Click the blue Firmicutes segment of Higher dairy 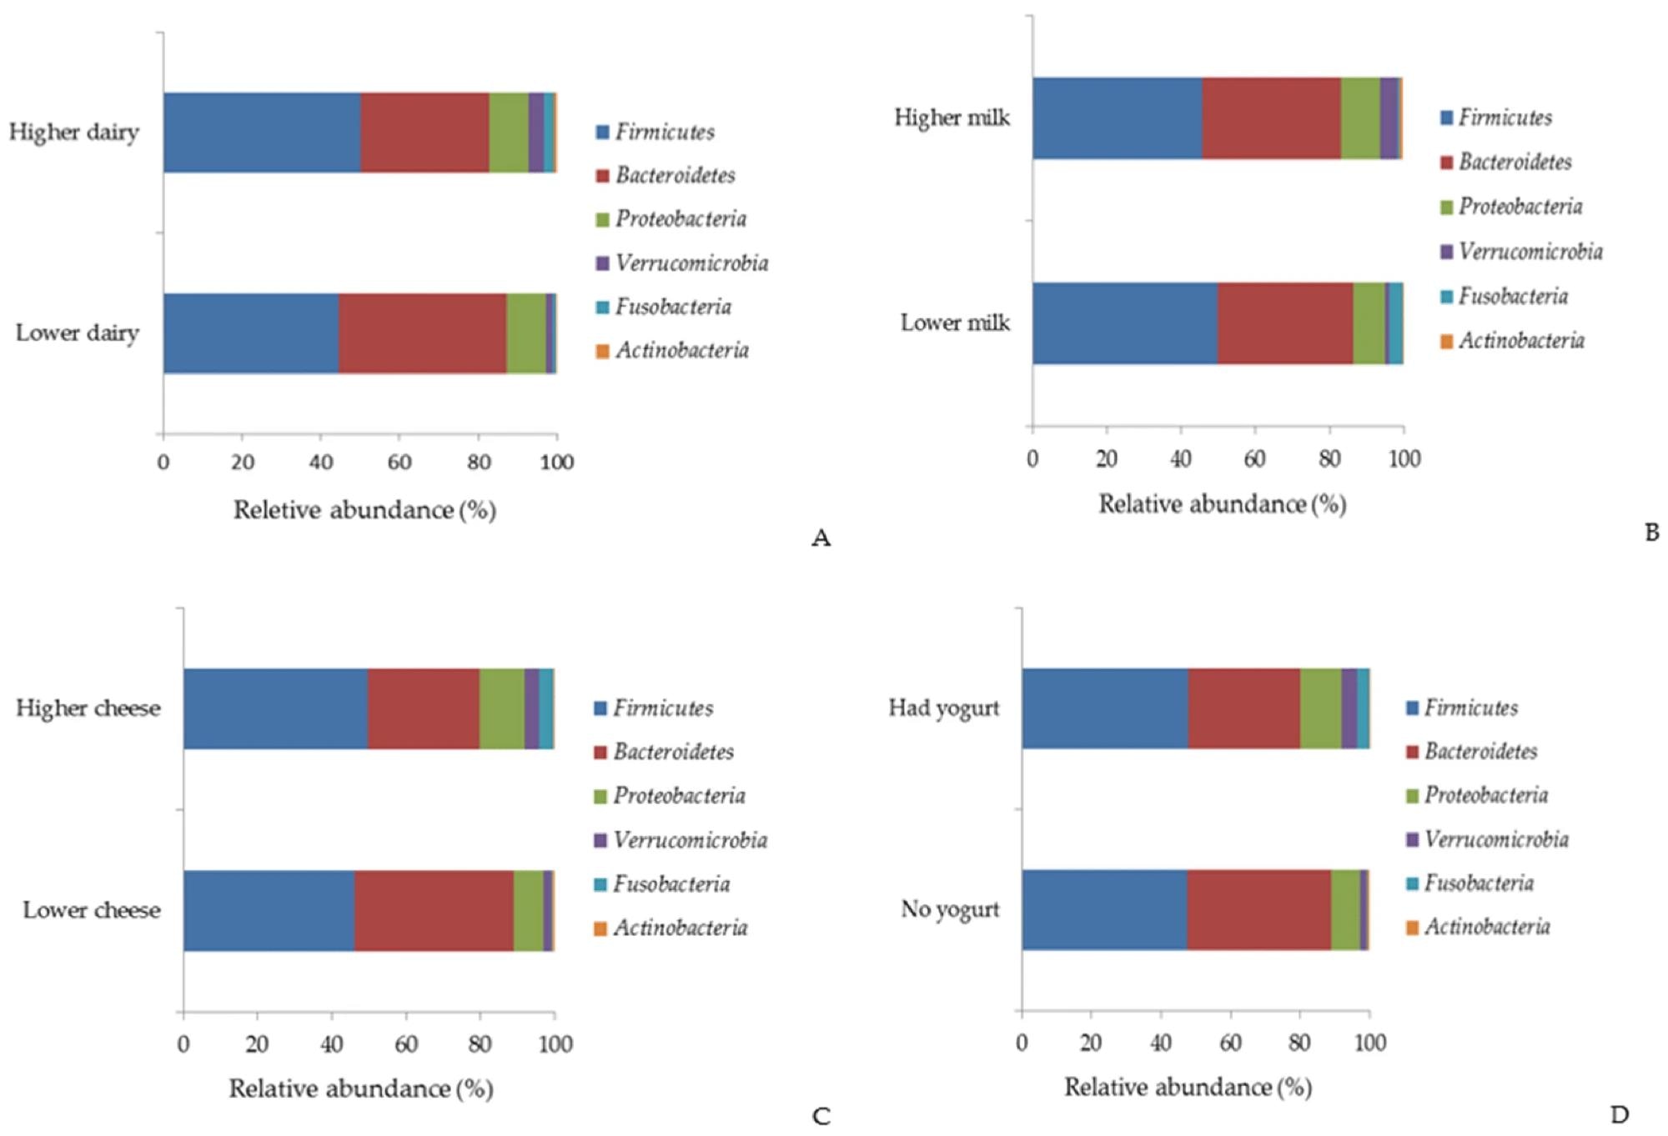262,133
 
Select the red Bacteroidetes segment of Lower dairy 422,333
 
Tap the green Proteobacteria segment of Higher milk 1359,118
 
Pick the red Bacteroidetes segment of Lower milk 1284,323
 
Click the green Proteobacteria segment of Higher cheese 501,708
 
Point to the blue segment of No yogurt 1103,909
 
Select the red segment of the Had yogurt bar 1243,708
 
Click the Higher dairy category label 74,133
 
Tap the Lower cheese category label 92,909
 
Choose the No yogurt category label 950,908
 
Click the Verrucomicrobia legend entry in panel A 691,263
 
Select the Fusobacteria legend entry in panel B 1512,296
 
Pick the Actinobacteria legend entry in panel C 680,928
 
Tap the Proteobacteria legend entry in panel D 1485,795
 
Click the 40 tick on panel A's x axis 321,462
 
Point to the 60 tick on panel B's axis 1255,458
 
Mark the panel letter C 821,1116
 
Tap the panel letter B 1651,532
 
